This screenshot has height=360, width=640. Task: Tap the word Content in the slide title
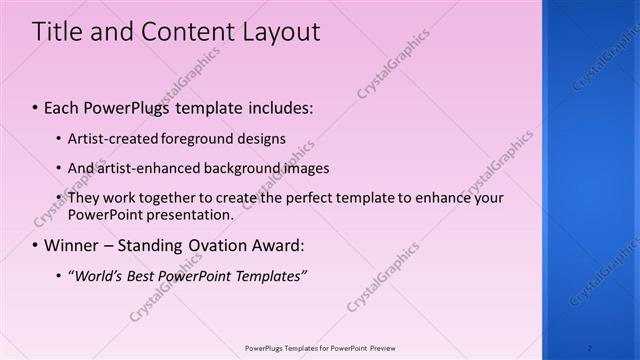(x=185, y=32)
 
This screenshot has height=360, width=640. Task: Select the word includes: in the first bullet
(x=278, y=105)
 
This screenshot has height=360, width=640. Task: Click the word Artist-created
(x=107, y=138)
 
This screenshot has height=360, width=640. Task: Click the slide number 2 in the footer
(x=589, y=347)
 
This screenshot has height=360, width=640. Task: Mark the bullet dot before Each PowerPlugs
(x=36, y=106)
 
